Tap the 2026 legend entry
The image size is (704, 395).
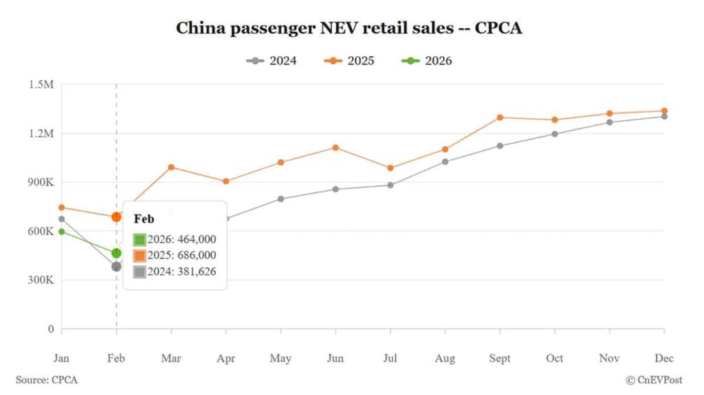(427, 60)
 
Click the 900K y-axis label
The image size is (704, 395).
(41, 182)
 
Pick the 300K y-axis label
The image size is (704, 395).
(41, 280)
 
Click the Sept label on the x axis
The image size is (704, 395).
(500, 358)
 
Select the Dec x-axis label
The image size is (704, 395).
(664, 358)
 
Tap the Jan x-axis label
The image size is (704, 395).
(62, 358)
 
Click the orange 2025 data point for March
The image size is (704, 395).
(171, 167)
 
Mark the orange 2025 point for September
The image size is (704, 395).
(500, 117)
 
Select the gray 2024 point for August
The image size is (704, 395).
(445, 161)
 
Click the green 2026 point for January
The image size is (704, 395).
(62, 232)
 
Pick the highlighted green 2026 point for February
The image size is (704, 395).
(116, 253)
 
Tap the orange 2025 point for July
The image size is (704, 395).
(390, 168)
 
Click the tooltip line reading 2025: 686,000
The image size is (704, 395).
(175, 256)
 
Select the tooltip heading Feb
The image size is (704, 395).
(144, 218)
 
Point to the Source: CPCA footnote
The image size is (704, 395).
(47, 380)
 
